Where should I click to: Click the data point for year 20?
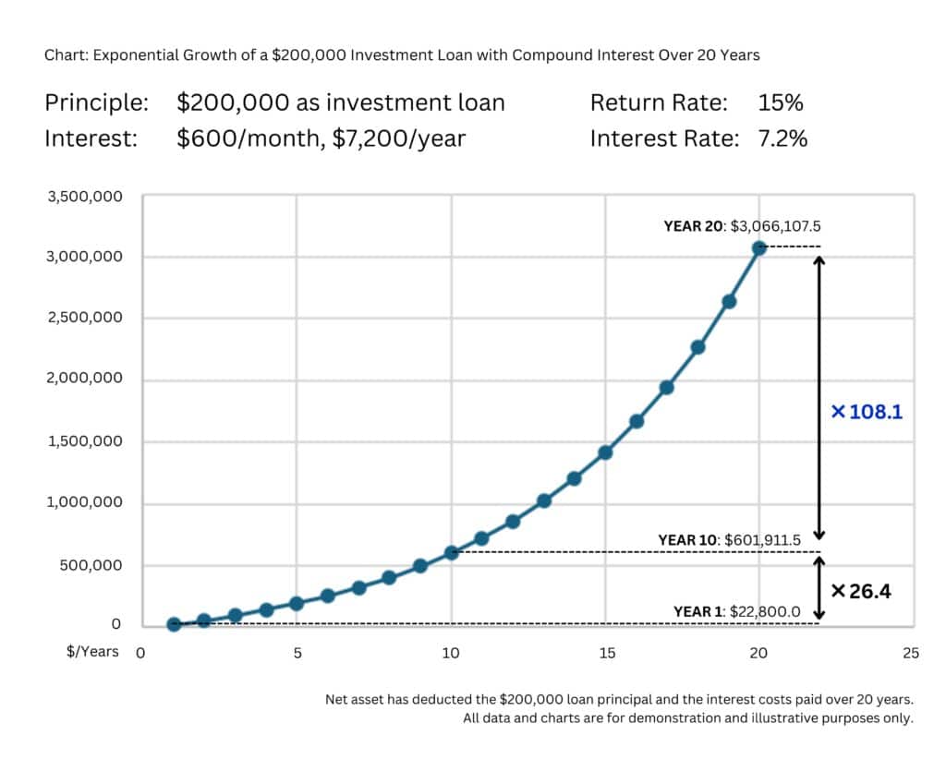click(758, 247)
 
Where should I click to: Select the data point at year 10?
click(451, 552)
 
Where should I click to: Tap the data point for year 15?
click(605, 452)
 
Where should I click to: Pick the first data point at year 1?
click(174, 624)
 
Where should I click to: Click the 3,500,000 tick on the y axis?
click(84, 196)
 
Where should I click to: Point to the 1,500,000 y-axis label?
click(84, 441)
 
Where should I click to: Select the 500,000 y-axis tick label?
click(91, 565)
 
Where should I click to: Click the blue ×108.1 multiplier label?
click(867, 412)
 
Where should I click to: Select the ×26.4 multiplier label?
click(860, 591)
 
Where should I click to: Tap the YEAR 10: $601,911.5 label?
click(730, 539)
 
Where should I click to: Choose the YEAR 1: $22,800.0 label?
click(737, 611)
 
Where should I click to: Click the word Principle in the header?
click(96, 102)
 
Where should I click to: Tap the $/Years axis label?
click(92, 652)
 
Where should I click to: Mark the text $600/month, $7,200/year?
click(321, 139)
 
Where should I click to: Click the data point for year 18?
click(697, 347)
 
